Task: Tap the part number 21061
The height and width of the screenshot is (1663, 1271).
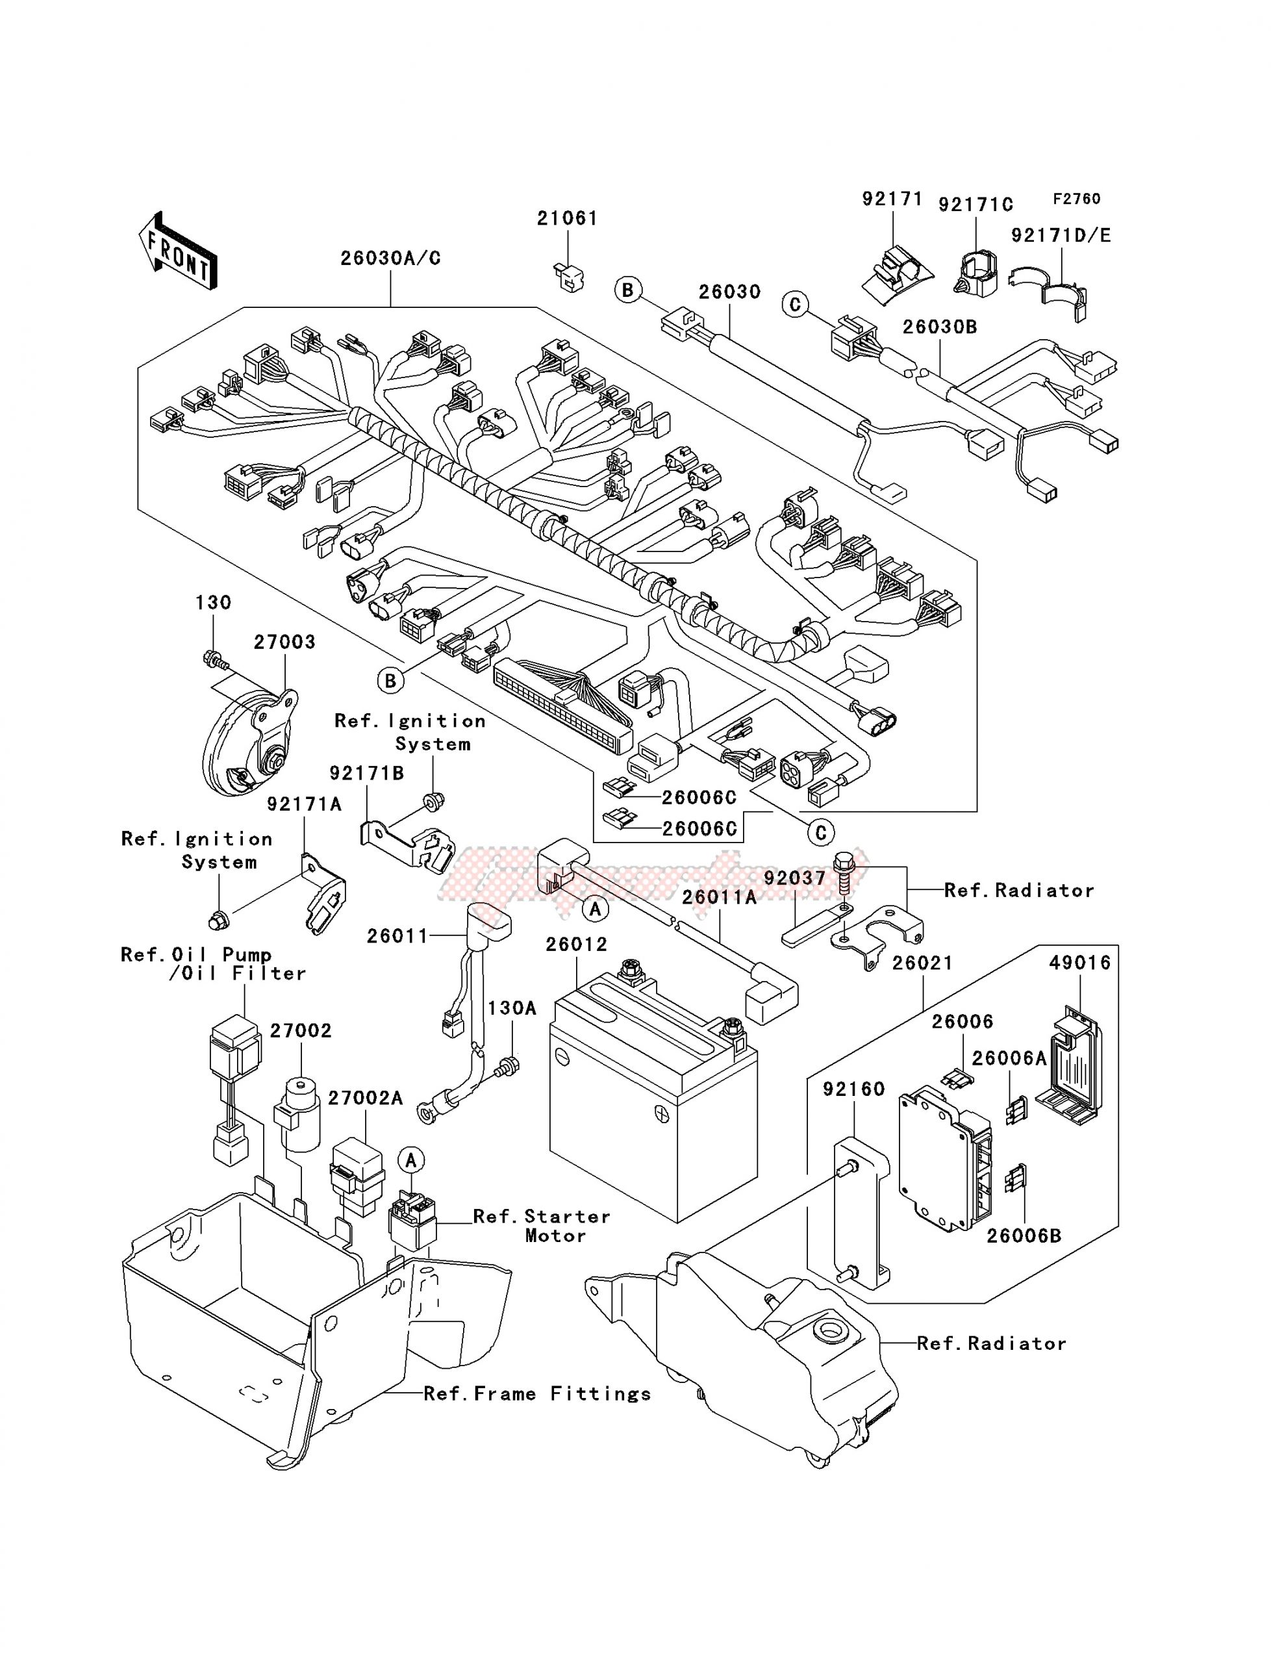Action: pyautogui.click(x=568, y=219)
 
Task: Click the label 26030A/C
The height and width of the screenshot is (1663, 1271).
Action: pyautogui.click(x=390, y=258)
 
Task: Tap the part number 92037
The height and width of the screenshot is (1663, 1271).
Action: pyautogui.click(x=794, y=878)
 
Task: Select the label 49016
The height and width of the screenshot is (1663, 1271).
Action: pyautogui.click(x=1079, y=963)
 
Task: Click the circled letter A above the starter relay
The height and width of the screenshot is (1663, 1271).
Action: pyautogui.click(x=411, y=1160)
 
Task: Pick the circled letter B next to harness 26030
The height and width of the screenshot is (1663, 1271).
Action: pyautogui.click(x=629, y=290)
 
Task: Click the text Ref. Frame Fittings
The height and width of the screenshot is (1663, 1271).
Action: pyautogui.click(x=537, y=1393)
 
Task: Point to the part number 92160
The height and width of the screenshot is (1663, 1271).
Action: pyautogui.click(x=853, y=1089)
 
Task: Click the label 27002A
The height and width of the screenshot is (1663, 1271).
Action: pyautogui.click(x=366, y=1098)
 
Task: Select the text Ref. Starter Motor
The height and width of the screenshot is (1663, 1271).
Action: pyautogui.click(x=541, y=1226)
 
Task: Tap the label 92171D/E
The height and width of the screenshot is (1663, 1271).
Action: pyautogui.click(x=1061, y=235)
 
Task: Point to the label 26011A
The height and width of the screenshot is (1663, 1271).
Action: pyautogui.click(x=719, y=897)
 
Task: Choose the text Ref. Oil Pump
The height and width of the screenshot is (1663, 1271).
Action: pyautogui.click(x=196, y=955)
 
